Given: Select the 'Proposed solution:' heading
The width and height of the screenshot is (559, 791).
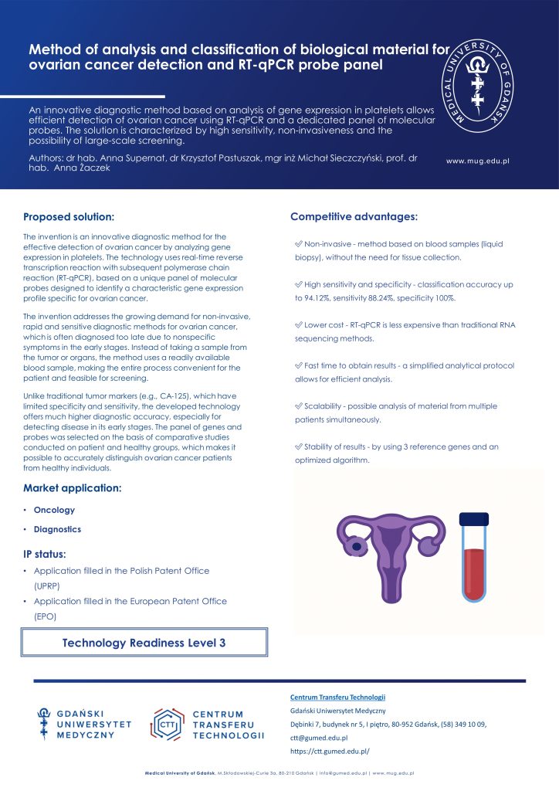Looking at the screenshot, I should click(69, 217).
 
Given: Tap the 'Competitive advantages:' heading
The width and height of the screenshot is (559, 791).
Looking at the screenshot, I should click(354, 216).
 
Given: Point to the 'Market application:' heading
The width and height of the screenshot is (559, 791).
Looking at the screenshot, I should click(72, 488).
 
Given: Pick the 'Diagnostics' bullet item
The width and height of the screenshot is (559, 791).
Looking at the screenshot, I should click(57, 529).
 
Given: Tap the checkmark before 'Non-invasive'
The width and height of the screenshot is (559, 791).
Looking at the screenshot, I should click(298, 243).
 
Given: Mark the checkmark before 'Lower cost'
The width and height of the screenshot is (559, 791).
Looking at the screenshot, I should click(298, 325).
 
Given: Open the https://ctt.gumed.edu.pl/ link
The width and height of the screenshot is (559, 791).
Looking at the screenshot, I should click(330, 750).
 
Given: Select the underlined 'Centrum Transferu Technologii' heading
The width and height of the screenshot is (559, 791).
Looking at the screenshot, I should click(337, 698).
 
